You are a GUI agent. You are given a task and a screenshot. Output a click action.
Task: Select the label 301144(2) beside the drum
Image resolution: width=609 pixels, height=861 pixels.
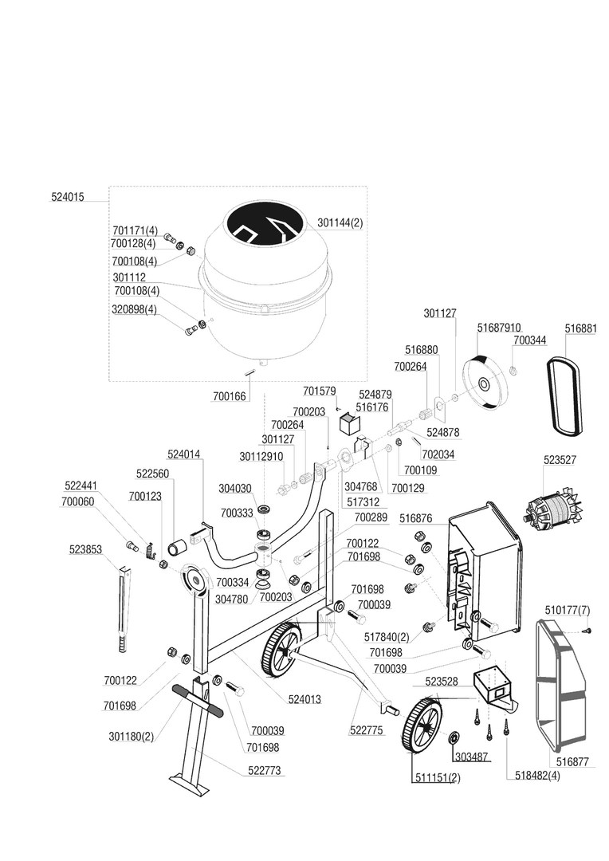click(340, 223)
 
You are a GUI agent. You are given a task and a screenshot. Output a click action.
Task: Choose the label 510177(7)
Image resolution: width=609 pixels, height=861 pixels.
click(568, 610)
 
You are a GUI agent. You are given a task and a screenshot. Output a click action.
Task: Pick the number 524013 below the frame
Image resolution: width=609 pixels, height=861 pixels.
click(304, 699)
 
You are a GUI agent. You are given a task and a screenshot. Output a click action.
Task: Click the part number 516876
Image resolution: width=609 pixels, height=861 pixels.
click(416, 518)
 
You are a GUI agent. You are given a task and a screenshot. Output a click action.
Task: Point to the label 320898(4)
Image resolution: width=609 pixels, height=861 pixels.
click(135, 309)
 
